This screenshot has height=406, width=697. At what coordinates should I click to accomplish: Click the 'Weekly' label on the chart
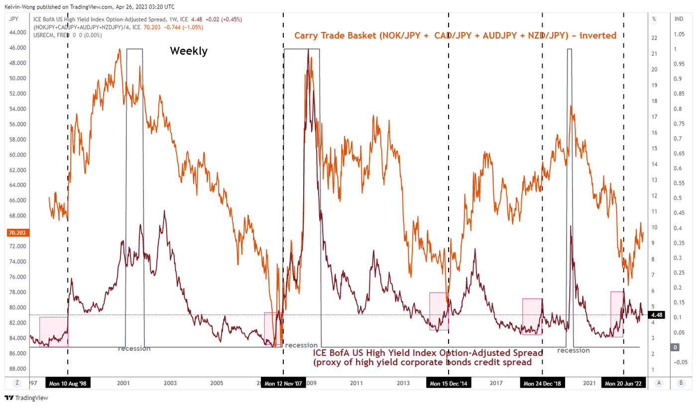189,51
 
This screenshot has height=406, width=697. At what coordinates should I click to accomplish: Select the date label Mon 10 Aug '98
68,383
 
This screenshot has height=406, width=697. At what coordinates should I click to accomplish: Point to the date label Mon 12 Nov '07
283,383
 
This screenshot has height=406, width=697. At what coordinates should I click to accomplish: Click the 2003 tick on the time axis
170,383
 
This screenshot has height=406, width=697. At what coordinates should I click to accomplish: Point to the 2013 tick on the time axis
403,383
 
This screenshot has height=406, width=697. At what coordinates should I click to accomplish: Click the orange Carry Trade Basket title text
455,35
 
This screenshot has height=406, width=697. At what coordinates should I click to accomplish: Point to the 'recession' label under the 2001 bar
134,348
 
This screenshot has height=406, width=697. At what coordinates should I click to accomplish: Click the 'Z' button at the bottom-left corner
17,383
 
